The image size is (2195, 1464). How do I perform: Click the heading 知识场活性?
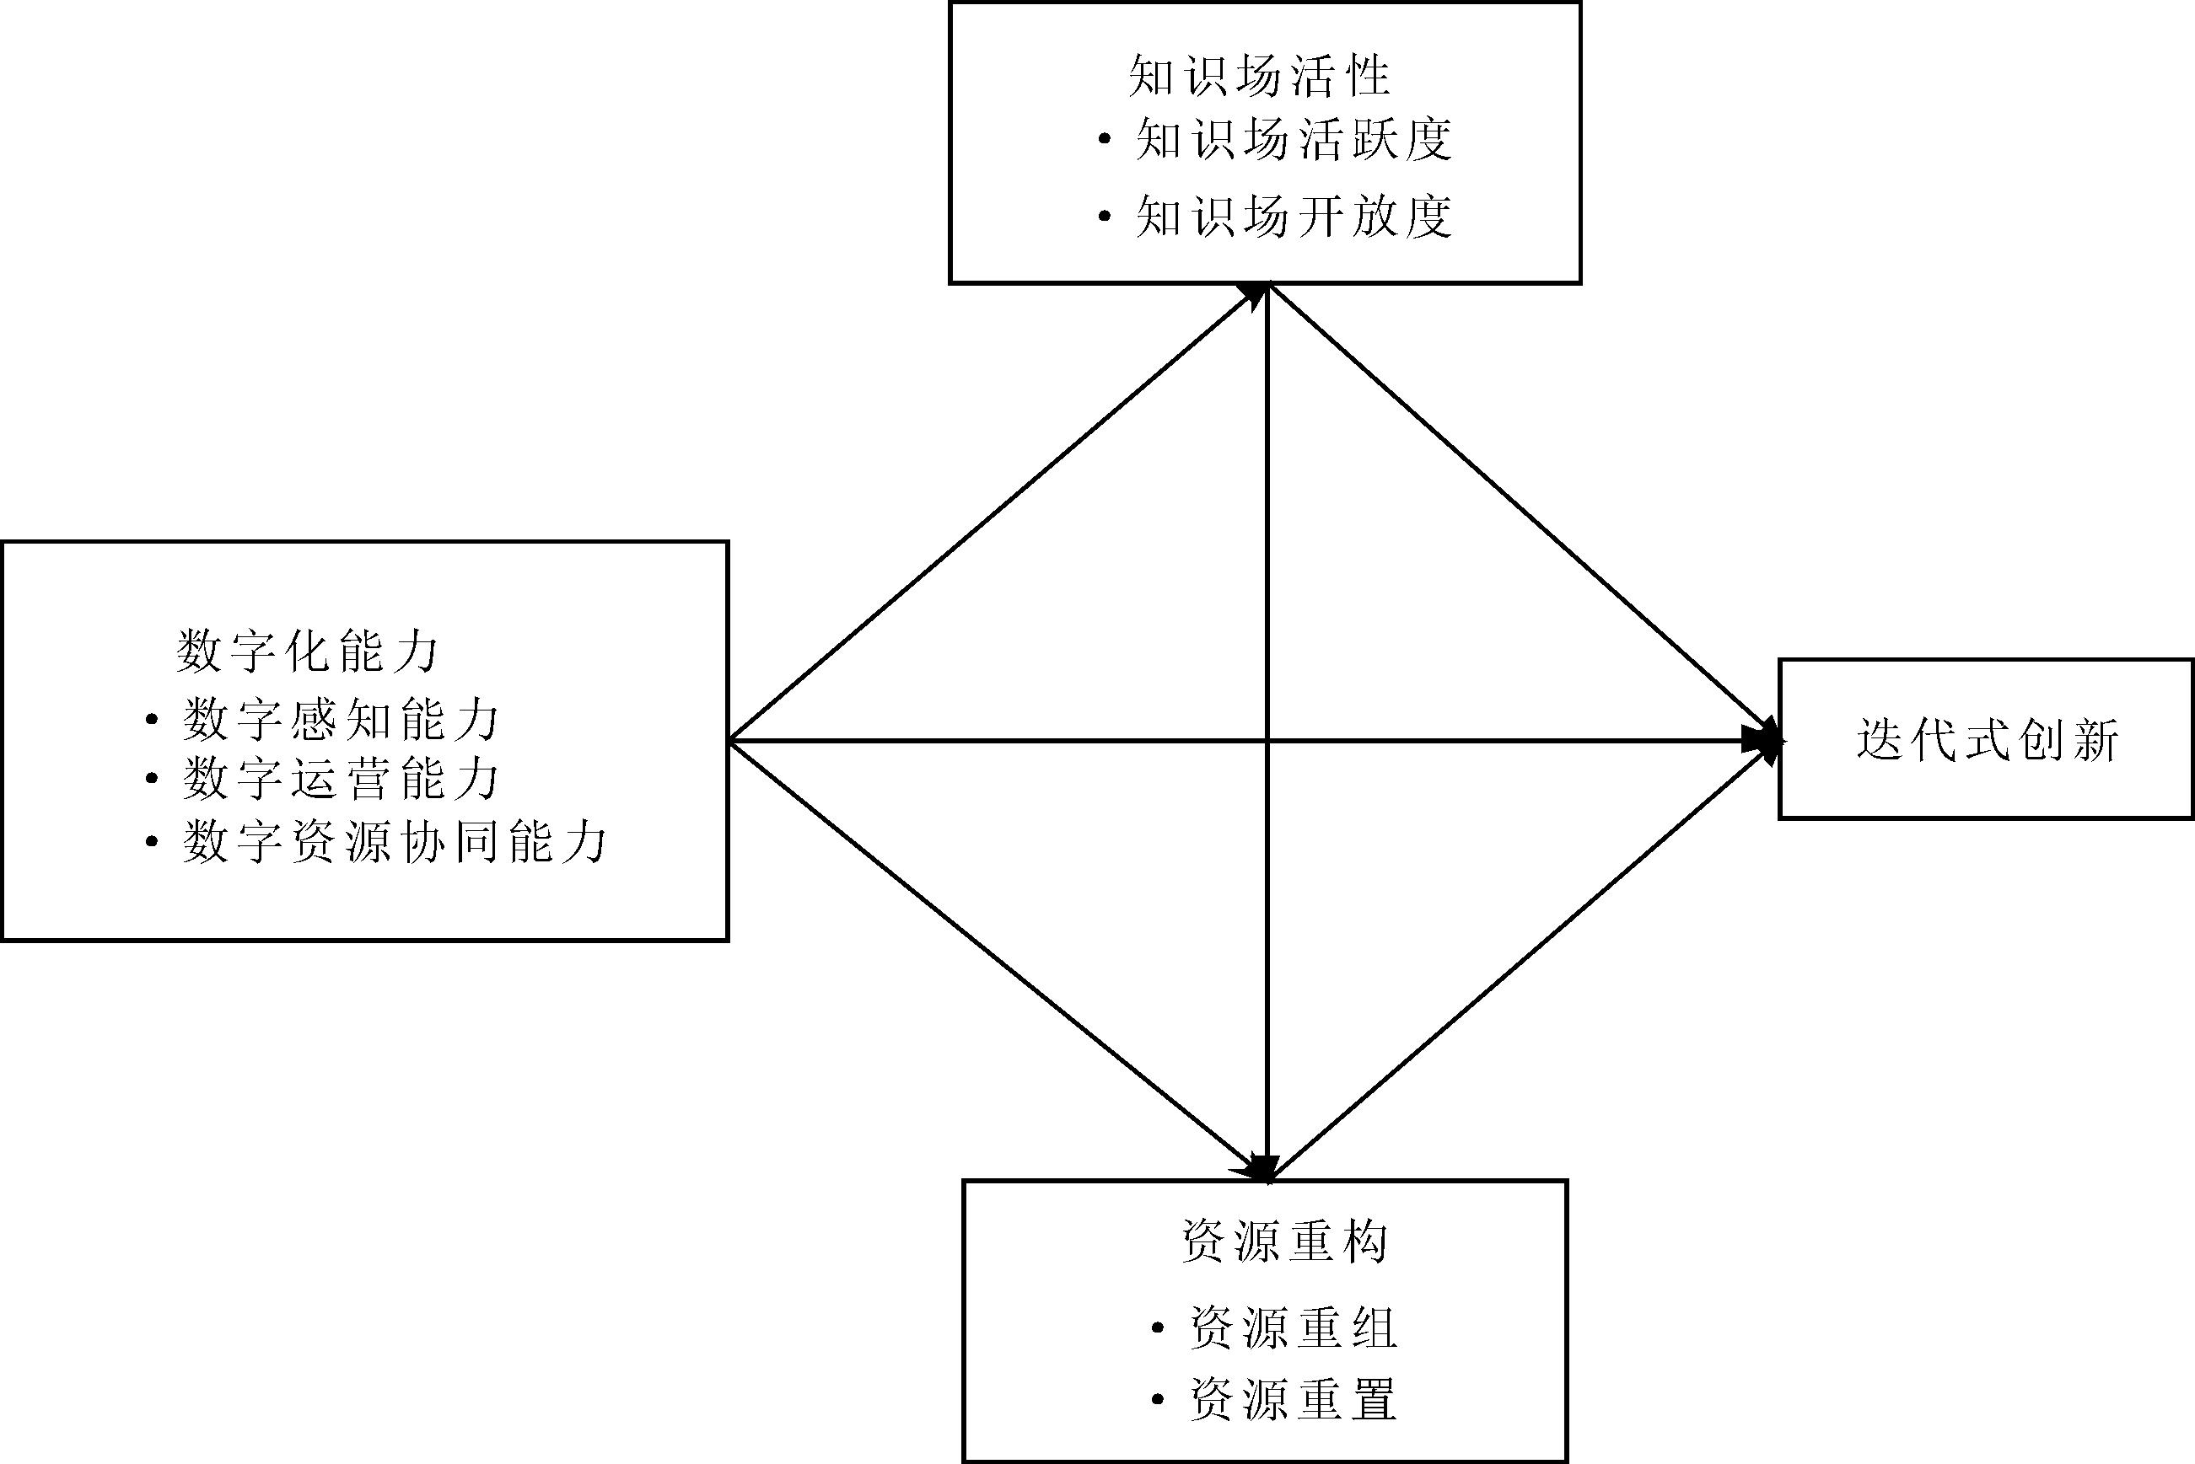1259,76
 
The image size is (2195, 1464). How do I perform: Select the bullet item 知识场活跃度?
1294,140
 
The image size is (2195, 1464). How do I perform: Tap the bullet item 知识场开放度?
1294,217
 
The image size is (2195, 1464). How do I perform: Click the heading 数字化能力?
307,651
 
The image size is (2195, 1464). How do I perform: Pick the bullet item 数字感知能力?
341,720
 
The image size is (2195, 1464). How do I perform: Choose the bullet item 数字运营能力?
341,779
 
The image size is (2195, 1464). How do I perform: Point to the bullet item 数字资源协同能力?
395,842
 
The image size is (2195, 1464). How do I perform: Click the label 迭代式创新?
1987,740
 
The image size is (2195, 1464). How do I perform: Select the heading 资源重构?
1284,1241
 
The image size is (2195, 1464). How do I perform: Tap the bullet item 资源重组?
1294,1327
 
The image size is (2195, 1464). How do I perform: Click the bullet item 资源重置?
1294,1400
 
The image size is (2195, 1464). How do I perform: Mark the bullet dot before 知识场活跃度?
1105,140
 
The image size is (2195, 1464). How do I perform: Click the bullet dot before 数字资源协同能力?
151,842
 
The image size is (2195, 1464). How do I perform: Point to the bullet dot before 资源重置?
1158,1400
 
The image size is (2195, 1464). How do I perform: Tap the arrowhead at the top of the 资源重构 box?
1266,1169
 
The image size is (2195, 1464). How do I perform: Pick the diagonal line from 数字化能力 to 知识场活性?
998,512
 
